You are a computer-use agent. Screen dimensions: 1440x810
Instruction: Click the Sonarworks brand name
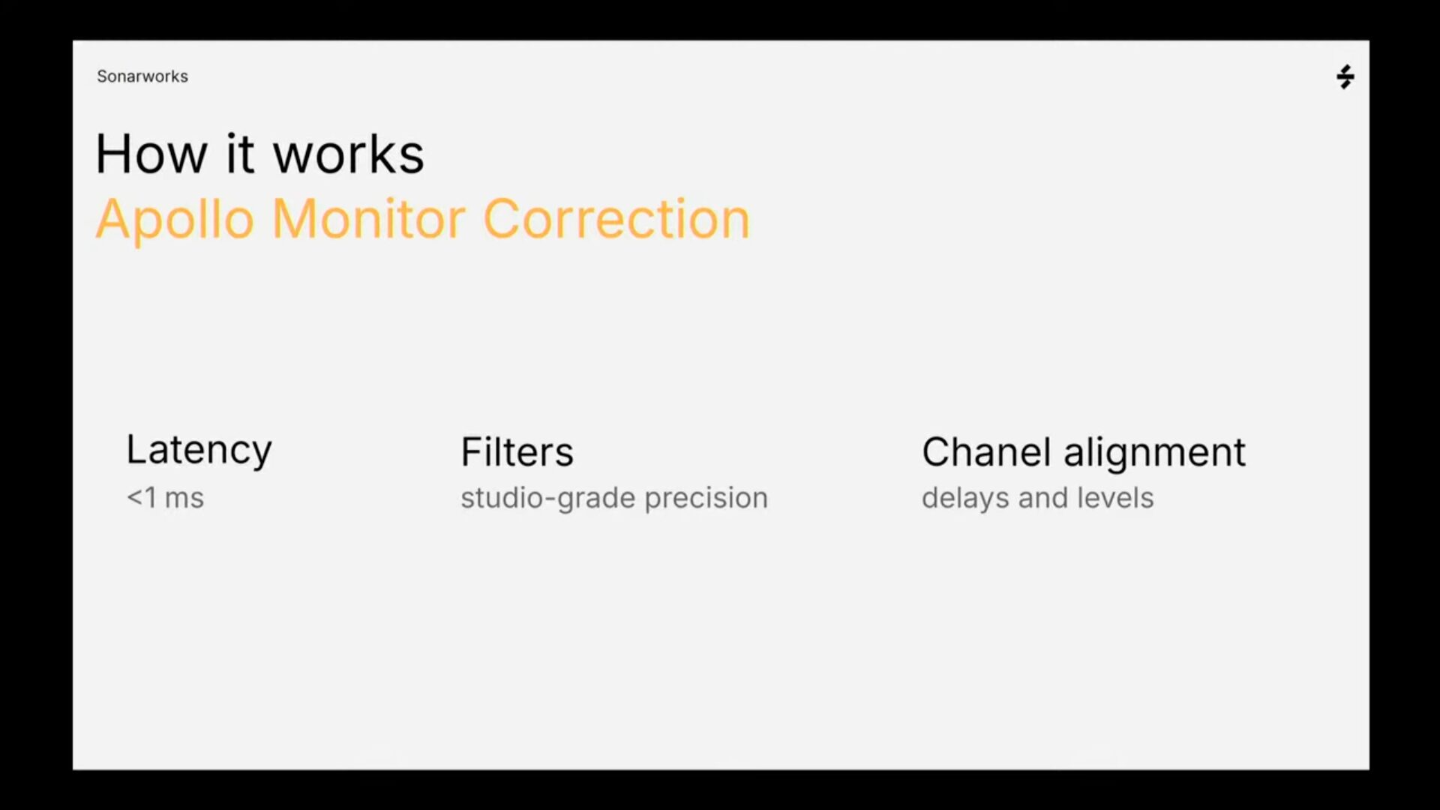coord(142,76)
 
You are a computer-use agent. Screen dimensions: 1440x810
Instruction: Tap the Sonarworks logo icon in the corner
coord(1345,76)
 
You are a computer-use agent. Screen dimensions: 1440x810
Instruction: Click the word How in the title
coord(151,154)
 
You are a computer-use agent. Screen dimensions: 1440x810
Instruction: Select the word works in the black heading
coord(349,154)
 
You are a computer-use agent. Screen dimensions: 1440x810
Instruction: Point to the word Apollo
coord(175,219)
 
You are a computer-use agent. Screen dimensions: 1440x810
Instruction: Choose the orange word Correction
coord(616,219)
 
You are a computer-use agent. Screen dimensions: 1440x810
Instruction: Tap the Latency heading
coord(199,451)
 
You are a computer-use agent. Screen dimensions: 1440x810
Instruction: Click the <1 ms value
coord(165,498)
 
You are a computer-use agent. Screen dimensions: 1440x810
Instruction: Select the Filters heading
coord(517,451)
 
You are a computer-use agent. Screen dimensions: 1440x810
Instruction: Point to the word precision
coord(706,499)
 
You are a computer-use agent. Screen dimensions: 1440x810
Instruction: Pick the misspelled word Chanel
coord(986,451)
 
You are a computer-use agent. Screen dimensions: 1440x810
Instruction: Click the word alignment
coord(1154,453)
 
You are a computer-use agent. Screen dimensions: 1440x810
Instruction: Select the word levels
coord(1115,498)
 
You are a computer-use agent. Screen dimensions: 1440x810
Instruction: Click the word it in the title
coord(240,154)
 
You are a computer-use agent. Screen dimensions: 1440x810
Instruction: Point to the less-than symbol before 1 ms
coord(134,498)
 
